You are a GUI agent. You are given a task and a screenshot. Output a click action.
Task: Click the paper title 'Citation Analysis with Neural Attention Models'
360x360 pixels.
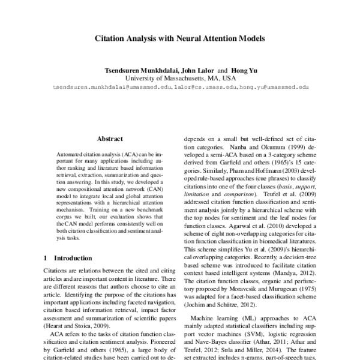[x=180, y=37]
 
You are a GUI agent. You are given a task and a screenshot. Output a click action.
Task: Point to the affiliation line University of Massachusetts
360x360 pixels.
[x=180, y=78]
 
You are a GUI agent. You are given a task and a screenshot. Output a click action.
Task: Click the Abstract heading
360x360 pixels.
[x=110, y=138]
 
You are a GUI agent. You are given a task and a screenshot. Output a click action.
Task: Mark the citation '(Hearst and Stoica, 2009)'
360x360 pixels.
[x=77, y=325]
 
